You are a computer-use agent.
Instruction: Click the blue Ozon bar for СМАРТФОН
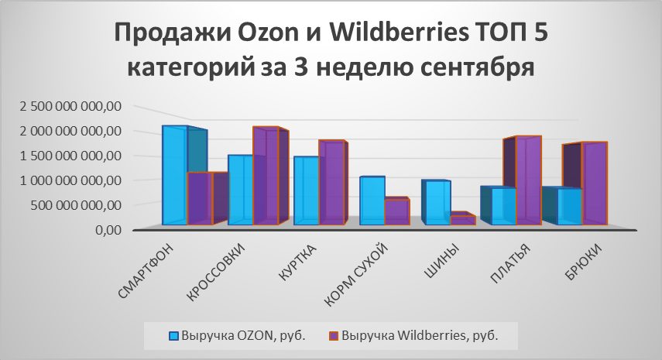pyautogui.click(x=175, y=175)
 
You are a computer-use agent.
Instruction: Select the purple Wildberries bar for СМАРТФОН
pyautogui.click(x=200, y=198)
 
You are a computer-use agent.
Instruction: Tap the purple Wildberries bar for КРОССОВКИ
pyautogui.click(x=266, y=176)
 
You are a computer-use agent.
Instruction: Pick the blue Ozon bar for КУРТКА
pyautogui.click(x=307, y=190)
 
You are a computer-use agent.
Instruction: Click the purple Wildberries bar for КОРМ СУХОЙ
pyautogui.click(x=397, y=212)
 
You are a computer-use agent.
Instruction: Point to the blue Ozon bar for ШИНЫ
pyautogui.click(x=438, y=203)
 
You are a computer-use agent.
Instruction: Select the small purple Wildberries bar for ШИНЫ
pyautogui.click(x=463, y=221)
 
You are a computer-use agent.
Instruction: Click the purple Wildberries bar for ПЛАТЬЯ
pyautogui.click(x=529, y=180)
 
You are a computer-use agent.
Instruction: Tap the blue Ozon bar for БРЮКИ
pyautogui.click(x=570, y=207)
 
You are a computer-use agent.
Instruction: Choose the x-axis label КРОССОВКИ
pyautogui.click(x=215, y=273)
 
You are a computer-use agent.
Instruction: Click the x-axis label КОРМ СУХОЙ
pyautogui.click(x=356, y=274)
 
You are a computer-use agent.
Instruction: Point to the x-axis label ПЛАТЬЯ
pyautogui.click(x=510, y=264)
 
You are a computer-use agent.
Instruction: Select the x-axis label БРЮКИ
pyautogui.click(x=584, y=262)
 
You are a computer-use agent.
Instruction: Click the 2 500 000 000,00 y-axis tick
pyautogui.click(x=70, y=106)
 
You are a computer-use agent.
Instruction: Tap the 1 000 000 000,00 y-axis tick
pyautogui.click(x=70, y=180)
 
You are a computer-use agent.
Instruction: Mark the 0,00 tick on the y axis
pyautogui.click(x=108, y=230)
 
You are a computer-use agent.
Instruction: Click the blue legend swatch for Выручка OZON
pyautogui.click(x=173, y=336)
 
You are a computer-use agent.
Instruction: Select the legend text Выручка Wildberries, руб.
pyautogui.click(x=420, y=335)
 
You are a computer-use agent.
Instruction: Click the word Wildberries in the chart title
pyautogui.click(x=399, y=33)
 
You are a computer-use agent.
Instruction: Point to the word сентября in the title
pyautogui.click(x=477, y=68)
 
